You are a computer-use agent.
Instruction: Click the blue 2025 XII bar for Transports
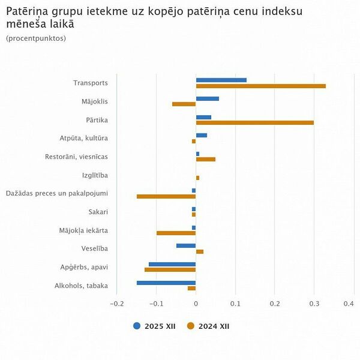(221, 80)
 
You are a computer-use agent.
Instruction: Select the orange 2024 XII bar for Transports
(260, 86)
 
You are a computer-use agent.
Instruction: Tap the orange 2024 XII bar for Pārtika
(254, 123)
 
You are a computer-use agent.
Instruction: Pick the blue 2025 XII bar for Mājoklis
(207, 98)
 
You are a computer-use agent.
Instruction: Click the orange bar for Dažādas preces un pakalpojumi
(166, 196)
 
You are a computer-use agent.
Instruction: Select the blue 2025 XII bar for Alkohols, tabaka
(166, 283)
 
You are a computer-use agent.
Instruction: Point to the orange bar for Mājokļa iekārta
(176, 233)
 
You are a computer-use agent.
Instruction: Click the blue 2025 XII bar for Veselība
(186, 245)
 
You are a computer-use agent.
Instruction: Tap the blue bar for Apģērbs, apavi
(172, 264)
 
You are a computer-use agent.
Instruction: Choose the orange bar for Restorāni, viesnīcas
(205, 160)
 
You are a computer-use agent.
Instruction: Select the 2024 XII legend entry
(208, 326)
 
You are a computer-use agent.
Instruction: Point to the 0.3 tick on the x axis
(314, 304)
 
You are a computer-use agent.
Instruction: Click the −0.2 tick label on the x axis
(116, 304)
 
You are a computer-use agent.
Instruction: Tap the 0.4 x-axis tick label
(348, 304)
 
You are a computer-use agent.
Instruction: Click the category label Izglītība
(95, 176)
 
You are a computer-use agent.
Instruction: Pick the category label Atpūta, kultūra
(83, 139)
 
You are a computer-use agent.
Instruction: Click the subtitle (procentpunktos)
(36, 38)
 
